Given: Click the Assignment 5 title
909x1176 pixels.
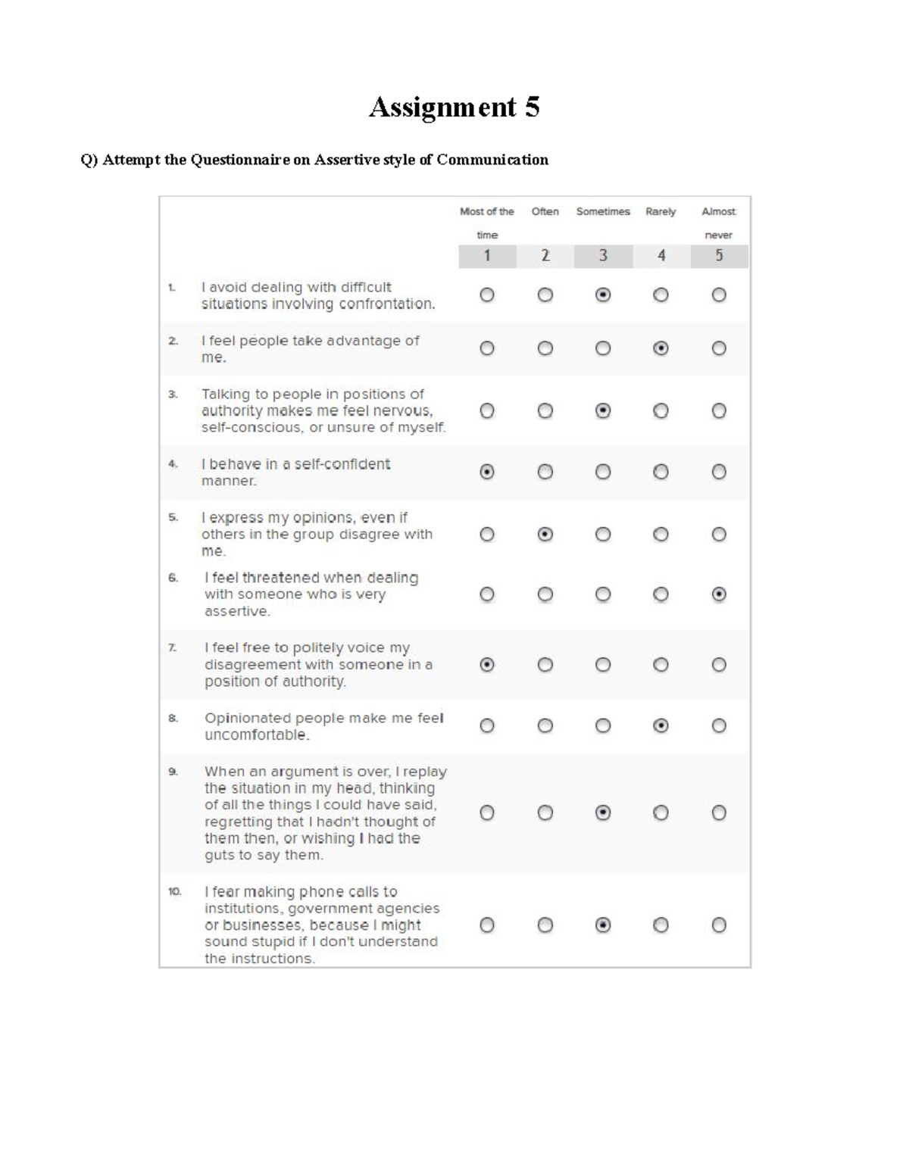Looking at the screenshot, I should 454,107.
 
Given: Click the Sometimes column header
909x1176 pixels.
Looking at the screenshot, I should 603,211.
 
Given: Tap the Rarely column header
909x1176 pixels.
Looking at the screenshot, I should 661,211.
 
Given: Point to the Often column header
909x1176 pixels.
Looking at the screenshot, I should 545,211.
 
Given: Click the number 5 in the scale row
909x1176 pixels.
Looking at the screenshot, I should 719,256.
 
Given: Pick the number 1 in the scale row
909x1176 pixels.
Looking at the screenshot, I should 487,256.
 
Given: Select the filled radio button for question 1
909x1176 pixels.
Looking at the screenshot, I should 603,295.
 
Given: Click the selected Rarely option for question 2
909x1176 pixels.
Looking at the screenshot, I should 661,348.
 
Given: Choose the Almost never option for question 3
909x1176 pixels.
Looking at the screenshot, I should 719,410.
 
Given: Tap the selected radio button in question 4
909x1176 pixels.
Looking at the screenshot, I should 487,472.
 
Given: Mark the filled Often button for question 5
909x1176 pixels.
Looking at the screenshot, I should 545,534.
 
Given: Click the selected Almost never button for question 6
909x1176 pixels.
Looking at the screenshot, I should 719,594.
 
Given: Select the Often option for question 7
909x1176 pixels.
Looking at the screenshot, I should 545,664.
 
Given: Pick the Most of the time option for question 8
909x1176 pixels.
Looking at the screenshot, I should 487,725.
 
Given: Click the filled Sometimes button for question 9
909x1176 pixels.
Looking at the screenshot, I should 603,813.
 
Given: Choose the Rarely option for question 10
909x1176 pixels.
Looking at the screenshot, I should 661,925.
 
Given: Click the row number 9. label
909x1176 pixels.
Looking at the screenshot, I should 173,772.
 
